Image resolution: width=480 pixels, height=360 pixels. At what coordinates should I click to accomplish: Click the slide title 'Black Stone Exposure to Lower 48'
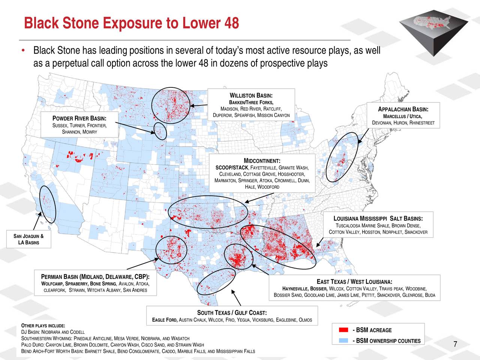(x=131, y=23)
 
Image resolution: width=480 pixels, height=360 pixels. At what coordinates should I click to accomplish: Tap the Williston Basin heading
(x=251, y=96)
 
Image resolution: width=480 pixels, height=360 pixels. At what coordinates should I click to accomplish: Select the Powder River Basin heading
(x=79, y=119)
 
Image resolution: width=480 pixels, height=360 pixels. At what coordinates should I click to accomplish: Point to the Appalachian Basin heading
(x=403, y=109)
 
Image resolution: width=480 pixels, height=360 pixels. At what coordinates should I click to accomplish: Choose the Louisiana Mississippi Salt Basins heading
(x=378, y=219)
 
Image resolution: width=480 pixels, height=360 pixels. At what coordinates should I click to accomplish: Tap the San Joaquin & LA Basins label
(x=28, y=239)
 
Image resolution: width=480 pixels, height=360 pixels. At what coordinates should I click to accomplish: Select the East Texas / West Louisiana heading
(x=355, y=282)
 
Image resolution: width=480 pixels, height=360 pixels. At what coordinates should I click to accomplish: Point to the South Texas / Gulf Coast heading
(x=232, y=313)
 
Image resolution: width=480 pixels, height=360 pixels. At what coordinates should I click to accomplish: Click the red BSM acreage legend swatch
(x=343, y=330)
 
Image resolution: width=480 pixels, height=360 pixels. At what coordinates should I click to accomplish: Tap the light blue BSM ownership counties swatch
(x=343, y=340)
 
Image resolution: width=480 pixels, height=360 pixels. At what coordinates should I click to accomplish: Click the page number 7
(x=455, y=345)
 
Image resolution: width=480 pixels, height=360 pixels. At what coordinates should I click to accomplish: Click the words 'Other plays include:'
(x=43, y=325)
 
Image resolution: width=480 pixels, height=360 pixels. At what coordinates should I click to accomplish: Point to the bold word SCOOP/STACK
(x=232, y=167)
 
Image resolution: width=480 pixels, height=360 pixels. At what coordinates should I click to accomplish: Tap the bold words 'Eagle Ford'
(x=165, y=320)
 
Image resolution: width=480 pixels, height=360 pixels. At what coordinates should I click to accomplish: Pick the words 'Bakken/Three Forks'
(x=251, y=103)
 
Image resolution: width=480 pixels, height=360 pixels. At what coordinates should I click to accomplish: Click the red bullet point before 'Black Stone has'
(x=23, y=51)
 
